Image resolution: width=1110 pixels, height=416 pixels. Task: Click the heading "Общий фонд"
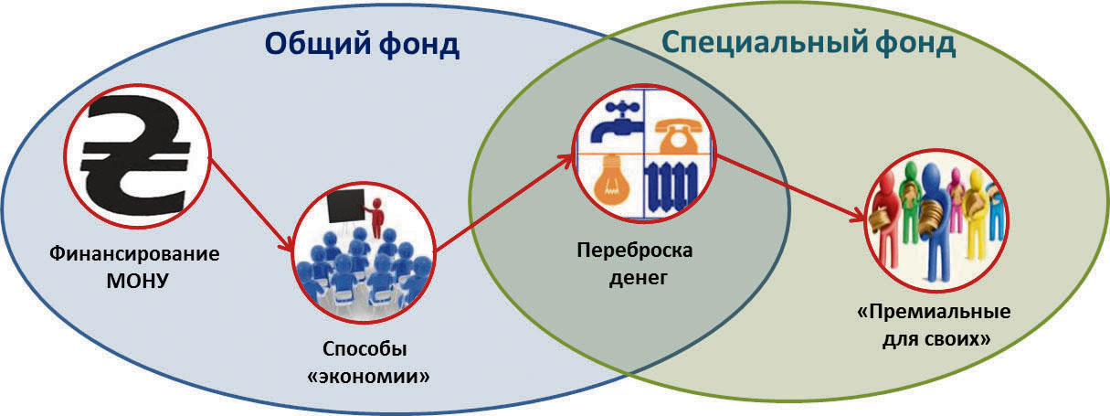point(362,44)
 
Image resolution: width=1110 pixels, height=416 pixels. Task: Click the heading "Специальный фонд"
point(808,43)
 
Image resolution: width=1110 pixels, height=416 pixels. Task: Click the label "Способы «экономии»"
point(365,363)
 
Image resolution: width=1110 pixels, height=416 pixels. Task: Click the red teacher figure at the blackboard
point(374,216)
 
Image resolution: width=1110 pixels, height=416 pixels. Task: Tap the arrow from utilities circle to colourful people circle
point(789,188)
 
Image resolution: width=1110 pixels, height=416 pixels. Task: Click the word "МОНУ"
point(135,278)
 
